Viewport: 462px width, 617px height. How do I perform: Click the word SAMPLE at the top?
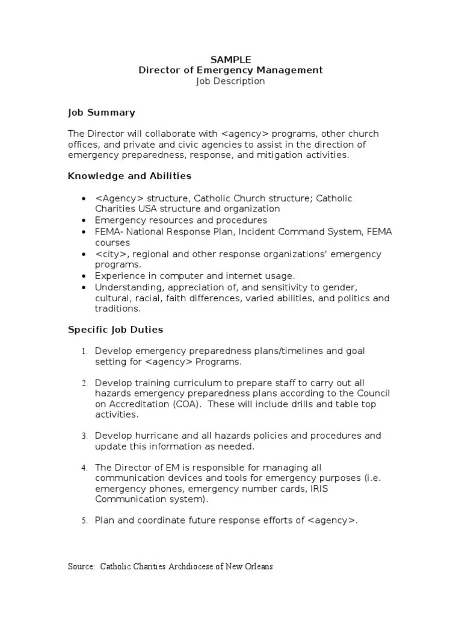pyautogui.click(x=230, y=59)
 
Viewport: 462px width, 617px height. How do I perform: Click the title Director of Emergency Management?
pyautogui.click(x=230, y=70)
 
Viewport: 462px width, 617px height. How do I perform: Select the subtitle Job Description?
pyautogui.click(x=230, y=81)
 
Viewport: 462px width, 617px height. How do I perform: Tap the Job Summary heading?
pyautogui.click(x=101, y=113)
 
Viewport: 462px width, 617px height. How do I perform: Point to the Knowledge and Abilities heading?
pyautogui.click(x=129, y=176)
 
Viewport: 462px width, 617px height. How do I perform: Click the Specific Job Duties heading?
pyautogui.click(x=115, y=330)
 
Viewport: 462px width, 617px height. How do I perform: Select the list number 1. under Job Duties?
pyautogui.click(x=84, y=351)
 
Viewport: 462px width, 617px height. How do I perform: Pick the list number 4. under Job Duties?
pyautogui.click(x=84, y=468)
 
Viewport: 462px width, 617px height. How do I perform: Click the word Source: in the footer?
pyautogui.click(x=81, y=567)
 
